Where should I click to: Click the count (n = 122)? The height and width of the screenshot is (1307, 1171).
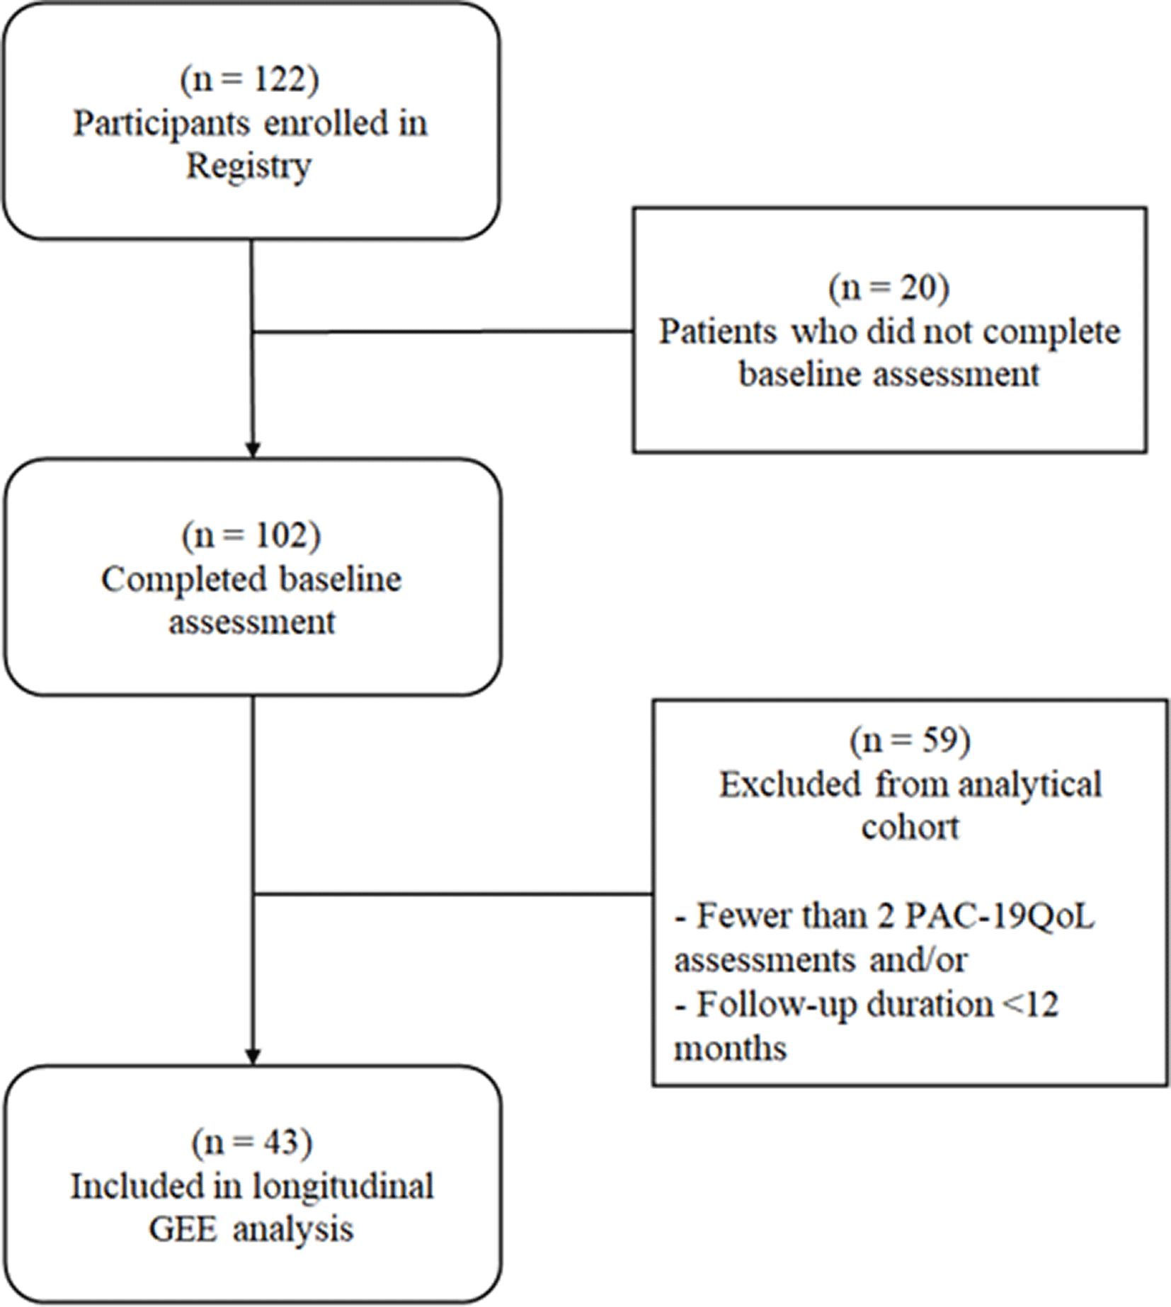(x=249, y=79)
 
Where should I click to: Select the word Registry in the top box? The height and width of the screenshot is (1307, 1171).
(x=249, y=167)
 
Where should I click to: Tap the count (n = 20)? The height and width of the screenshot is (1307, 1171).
(x=889, y=287)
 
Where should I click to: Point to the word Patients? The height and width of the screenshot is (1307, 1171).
(x=718, y=331)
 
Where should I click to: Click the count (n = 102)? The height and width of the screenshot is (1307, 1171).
(x=251, y=535)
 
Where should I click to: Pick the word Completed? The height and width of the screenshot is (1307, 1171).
(x=183, y=580)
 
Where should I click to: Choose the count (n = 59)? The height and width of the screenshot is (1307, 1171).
(x=910, y=741)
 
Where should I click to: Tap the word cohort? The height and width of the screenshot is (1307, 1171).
(x=910, y=827)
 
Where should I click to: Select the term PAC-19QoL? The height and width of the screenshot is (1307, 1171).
(x=1000, y=916)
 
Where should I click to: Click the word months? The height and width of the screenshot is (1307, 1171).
(x=730, y=1048)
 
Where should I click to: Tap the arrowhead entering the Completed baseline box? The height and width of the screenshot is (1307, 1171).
(x=253, y=450)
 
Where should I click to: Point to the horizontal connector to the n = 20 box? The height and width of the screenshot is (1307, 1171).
(x=443, y=331)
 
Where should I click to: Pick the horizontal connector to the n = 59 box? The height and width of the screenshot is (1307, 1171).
(x=453, y=894)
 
